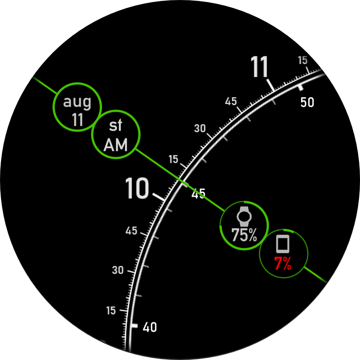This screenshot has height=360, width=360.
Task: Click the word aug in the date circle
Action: pyautogui.click(x=77, y=102)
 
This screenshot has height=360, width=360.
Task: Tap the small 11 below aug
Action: pyautogui.click(x=77, y=119)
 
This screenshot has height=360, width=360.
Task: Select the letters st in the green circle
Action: pyautogui.click(x=115, y=126)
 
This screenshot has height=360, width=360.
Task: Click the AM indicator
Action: pyautogui.click(x=115, y=145)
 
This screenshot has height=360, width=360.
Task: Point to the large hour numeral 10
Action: pyautogui.click(x=137, y=188)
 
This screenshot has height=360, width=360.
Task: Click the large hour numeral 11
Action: pyautogui.click(x=259, y=67)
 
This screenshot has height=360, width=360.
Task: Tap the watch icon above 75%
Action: pyautogui.click(x=244, y=216)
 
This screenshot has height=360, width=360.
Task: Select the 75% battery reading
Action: pyautogui.click(x=244, y=235)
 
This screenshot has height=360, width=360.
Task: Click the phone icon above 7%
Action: pyautogui.click(x=283, y=244)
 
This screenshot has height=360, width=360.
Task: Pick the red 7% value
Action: pyautogui.click(x=283, y=263)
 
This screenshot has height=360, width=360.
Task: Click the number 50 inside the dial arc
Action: pyautogui.click(x=307, y=102)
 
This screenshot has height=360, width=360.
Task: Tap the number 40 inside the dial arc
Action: pyautogui.click(x=150, y=327)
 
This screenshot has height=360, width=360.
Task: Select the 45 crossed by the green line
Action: pyautogui.click(x=198, y=193)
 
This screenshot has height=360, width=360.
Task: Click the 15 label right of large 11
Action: pyautogui.click(x=303, y=60)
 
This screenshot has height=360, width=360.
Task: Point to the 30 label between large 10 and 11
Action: pyautogui.click(x=200, y=128)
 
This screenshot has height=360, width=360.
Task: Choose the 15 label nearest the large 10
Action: pyautogui.click(x=173, y=159)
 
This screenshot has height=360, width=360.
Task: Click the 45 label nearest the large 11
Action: pyautogui.click(x=231, y=101)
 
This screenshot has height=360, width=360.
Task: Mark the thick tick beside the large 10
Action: pyautogui.click(x=159, y=197)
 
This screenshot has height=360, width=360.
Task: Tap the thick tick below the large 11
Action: pyautogui.click(x=270, y=85)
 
